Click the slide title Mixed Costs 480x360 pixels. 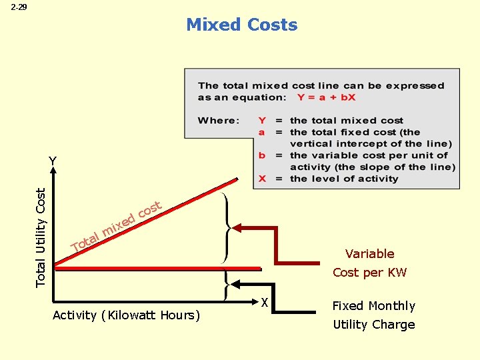point(241,25)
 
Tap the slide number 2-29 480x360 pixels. point(19,8)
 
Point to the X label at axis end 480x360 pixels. point(264,303)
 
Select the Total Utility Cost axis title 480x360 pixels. point(41,237)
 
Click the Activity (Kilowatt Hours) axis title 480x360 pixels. point(126,315)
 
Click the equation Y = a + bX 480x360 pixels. point(327,97)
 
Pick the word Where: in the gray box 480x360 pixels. point(218,121)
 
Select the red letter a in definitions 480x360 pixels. point(262,132)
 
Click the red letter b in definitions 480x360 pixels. point(262,155)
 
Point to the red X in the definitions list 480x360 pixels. point(262,179)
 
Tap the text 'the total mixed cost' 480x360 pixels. point(347,121)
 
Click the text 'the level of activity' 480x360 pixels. point(344,179)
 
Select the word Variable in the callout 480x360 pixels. point(369,253)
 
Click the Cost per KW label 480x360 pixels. point(369,272)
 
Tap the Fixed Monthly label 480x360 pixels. point(373,306)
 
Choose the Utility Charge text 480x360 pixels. point(373,325)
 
